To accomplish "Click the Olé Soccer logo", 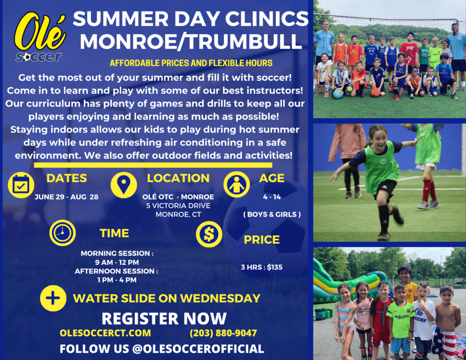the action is (40, 36).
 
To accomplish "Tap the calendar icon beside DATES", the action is (21, 185).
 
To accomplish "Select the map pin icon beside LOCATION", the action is (124, 185).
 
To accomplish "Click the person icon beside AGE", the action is (237, 185).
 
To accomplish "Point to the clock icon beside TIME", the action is (62, 233).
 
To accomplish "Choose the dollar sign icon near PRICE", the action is (209, 234).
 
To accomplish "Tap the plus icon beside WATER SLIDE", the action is (53, 298).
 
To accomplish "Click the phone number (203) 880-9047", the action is (223, 333).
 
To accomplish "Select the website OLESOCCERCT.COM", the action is (105, 333).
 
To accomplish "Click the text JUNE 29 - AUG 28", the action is (66, 197).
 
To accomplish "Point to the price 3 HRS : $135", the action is (262, 267).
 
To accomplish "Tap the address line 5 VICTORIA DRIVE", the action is (178, 206).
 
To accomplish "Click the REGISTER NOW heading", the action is (164, 319).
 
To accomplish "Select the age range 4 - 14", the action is (272, 197).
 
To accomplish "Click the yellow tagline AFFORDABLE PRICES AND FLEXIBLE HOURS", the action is (191, 63).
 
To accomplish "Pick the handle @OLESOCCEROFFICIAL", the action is (198, 349).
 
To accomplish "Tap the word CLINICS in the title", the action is (267, 18).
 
